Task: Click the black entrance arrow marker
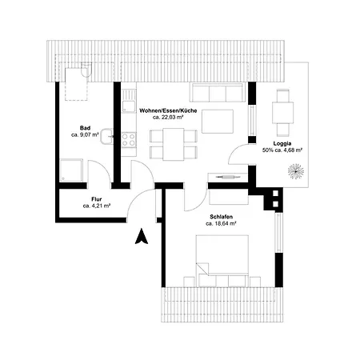tap(142, 237)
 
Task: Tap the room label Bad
tap(85, 128)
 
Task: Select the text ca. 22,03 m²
tap(168, 117)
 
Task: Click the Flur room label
tap(97, 199)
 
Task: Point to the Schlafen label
tap(221, 217)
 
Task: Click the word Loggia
tap(282, 143)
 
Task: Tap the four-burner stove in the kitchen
tap(129, 140)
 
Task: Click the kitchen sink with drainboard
tap(129, 101)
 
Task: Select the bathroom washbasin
tap(106, 136)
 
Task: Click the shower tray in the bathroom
tap(71, 170)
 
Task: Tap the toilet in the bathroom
tap(86, 70)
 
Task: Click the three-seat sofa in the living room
tap(217, 92)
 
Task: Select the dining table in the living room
tap(174, 144)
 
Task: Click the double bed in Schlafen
tap(222, 254)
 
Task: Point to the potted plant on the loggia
tap(296, 171)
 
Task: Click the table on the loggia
tap(282, 112)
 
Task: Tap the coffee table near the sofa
tap(218, 122)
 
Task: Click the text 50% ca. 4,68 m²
tap(282, 150)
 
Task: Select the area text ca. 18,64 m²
tap(221, 223)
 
